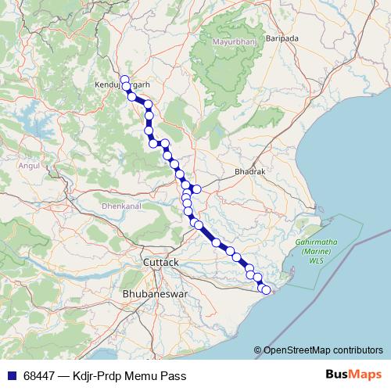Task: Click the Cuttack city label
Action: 161,262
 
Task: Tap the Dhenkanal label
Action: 119,206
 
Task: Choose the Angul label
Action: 28,166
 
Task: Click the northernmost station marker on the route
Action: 124,78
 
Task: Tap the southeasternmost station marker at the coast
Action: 266,291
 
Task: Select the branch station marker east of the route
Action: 197,189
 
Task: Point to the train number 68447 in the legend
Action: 39,376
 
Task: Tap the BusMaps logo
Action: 353,375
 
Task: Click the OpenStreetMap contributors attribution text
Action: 323,350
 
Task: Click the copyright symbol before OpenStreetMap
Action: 257,350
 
